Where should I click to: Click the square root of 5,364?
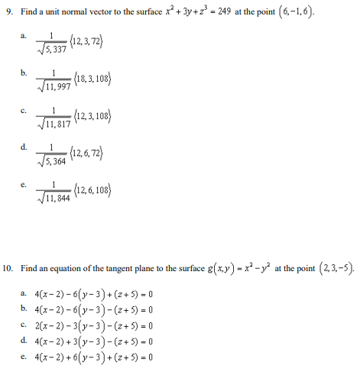55,162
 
